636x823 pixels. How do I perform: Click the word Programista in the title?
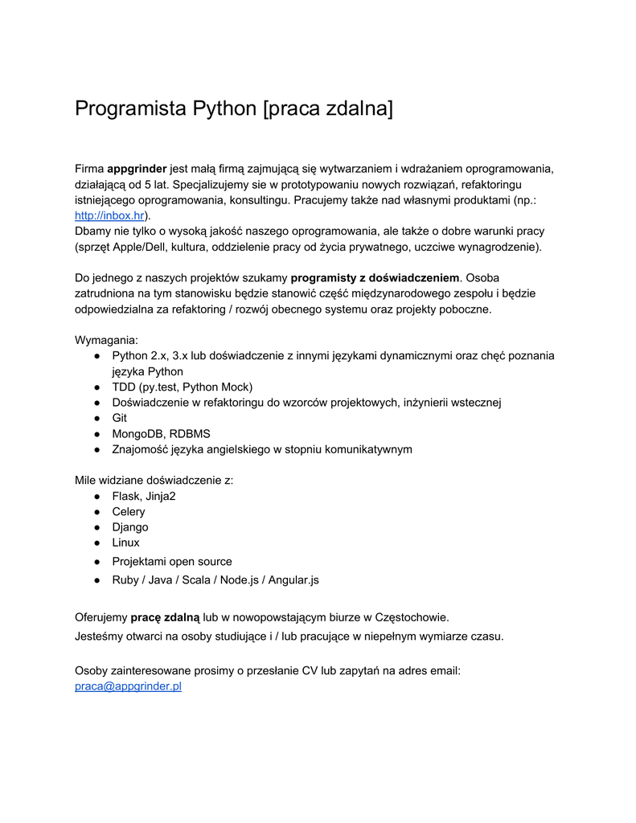129,109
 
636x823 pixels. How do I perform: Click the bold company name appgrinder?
137,169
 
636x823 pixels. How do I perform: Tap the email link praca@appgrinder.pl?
128,686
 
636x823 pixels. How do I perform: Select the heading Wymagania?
106,340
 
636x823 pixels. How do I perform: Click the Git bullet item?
119,418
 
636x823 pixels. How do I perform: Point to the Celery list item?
129,512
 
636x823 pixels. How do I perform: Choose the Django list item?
130,527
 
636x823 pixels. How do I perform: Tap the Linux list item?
125,543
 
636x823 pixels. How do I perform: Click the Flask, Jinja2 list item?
144,496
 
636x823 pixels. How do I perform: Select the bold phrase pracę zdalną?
165,617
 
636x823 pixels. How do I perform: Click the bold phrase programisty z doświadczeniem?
375,278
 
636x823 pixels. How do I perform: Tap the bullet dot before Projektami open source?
96,562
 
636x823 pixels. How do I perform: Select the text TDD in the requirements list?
124,387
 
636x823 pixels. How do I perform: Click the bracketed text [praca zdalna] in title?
328,109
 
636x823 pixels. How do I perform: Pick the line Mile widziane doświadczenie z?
154,481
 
